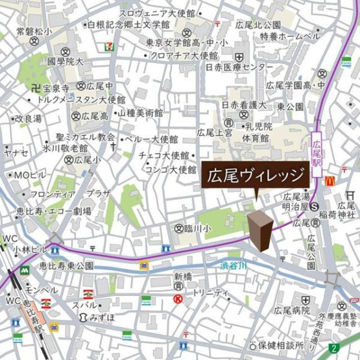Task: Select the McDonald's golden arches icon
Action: pyautogui.click(x=330, y=181)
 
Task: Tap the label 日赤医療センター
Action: pyautogui.click(x=239, y=67)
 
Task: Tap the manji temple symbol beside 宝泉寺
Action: pyautogui.click(x=35, y=86)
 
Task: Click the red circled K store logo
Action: pyautogui.click(x=178, y=298)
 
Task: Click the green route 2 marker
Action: pyautogui.click(x=333, y=348)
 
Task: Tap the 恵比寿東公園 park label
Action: pyautogui.click(x=66, y=266)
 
